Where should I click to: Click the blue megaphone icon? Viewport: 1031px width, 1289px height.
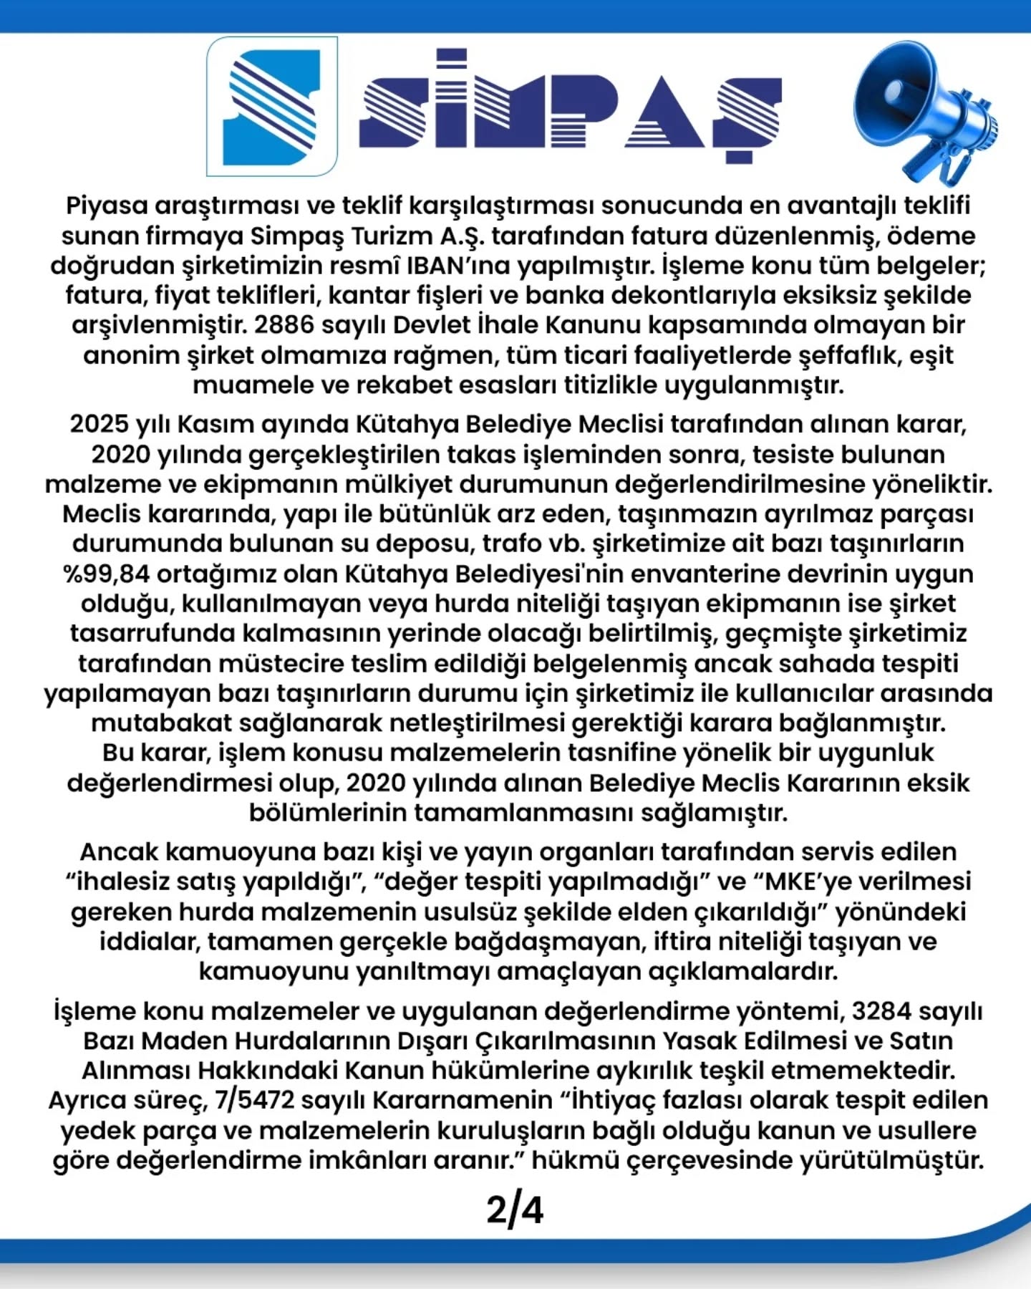(x=924, y=111)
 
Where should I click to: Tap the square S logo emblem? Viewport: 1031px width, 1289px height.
(x=272, y=107)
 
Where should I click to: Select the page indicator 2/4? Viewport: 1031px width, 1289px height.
(x=515, y=1210)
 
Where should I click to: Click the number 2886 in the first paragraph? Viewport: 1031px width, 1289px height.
(x=284, y=325)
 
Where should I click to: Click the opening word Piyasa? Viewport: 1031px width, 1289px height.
(x=107, y=206)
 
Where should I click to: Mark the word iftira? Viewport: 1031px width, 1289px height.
(x=686, y=941)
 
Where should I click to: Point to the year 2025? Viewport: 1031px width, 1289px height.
(x=100, y=424)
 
